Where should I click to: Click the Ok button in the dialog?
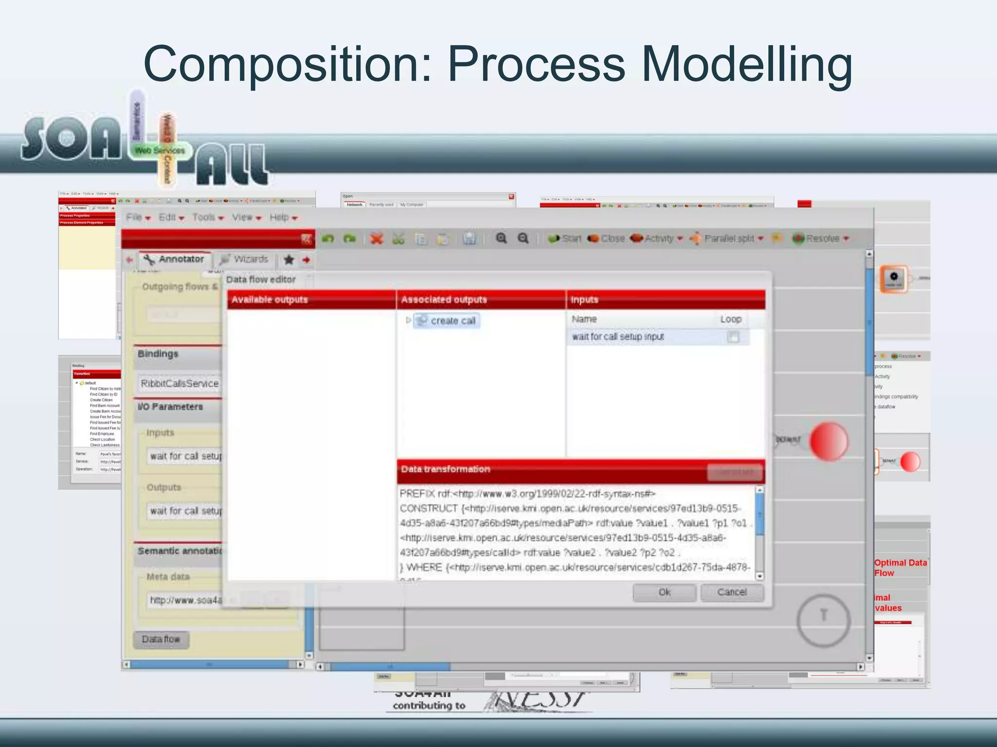[664, 592]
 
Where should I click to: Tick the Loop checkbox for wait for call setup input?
[733, 337]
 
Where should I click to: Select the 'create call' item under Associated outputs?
[452, 321]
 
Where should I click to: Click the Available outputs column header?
[311, 300]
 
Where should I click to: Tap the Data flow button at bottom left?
[161, 640]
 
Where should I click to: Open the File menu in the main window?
[138, 217]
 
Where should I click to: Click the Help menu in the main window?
[283, 217]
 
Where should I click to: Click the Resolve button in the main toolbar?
[821, 238]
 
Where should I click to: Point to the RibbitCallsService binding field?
[180, 384]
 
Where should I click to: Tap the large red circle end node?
[829, 441]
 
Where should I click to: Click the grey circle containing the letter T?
[823, 620]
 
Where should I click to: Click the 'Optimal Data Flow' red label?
[900, 568]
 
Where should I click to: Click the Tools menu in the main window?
[207, 217]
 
